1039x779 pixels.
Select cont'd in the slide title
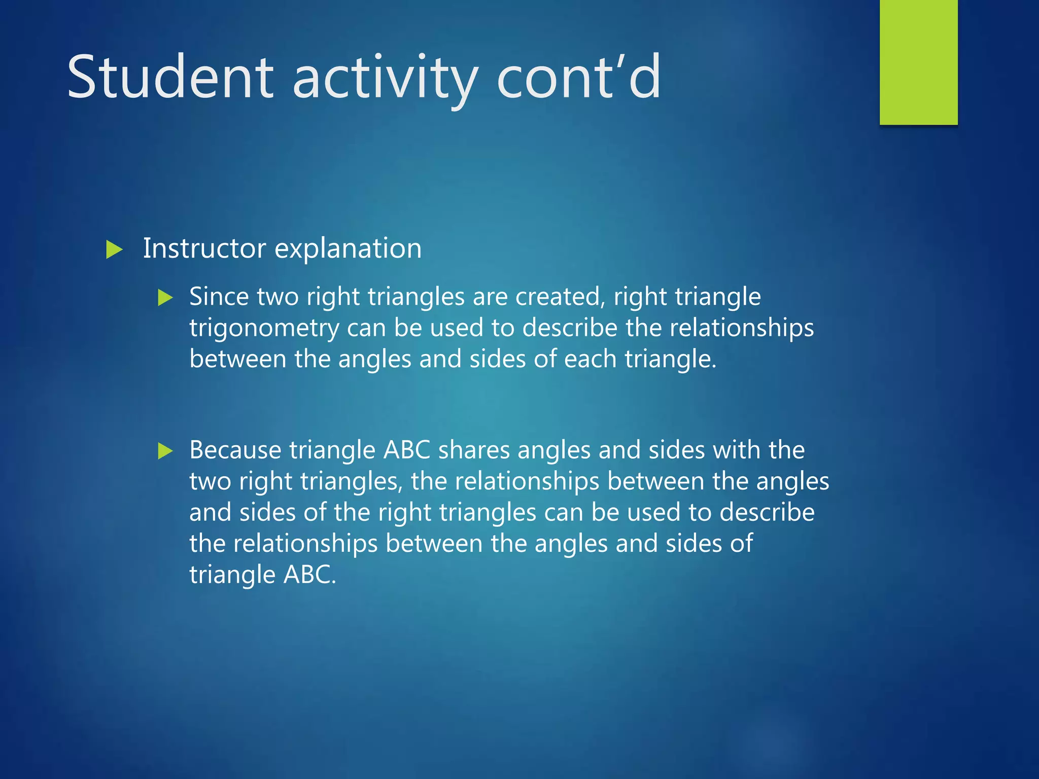579,78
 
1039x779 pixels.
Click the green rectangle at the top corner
918,62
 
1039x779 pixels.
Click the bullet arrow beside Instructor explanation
115,250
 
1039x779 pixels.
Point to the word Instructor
204,249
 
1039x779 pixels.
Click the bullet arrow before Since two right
165,298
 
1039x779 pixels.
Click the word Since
219,297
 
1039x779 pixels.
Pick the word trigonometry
264,329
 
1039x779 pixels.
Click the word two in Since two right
278,297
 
